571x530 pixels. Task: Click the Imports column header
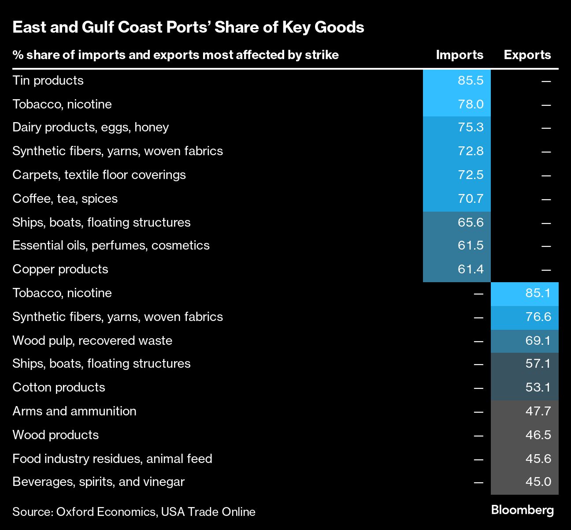click(460, 55)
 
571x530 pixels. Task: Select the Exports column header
click(527, 55)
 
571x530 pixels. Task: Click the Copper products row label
click(60, 269)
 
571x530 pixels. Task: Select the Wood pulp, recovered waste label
click(92, 341)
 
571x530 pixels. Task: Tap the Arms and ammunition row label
click(74, 411)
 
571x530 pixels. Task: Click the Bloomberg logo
click(522, 510)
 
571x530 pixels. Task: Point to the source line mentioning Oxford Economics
click(134, 512)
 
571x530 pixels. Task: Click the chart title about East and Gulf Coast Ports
click(188, 27)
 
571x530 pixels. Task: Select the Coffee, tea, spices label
click(65, 199)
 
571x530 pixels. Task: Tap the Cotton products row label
click(59, 388)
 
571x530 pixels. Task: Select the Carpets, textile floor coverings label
click(99, 175)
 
